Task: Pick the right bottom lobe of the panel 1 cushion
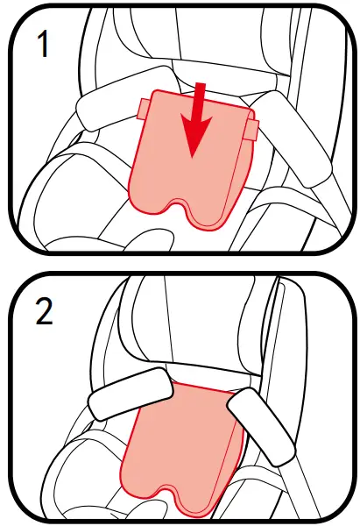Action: pyautogui.click(x=213, y=219)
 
